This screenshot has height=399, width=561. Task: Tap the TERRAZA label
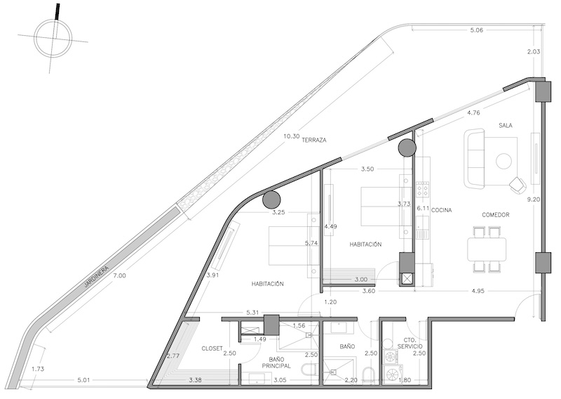[313, 140]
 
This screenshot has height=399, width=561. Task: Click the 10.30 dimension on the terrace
[291, 136]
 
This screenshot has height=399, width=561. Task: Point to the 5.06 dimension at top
[477, 30]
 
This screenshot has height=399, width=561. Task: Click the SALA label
[506, 126]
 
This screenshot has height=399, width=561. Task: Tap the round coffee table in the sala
[504, 161]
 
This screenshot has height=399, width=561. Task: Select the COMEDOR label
[496, 215]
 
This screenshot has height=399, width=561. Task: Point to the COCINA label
[441, 210]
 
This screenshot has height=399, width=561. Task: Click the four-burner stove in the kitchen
[423, 188]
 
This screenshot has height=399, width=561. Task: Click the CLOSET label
[212, 348]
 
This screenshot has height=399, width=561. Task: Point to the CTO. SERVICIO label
[410, 344]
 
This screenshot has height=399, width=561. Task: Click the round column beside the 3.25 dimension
[271, 200]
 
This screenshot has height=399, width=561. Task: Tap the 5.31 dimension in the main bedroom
[252, 313]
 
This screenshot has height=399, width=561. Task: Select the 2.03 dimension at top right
[534, 51]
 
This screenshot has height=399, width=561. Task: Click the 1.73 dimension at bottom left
[38, 369]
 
